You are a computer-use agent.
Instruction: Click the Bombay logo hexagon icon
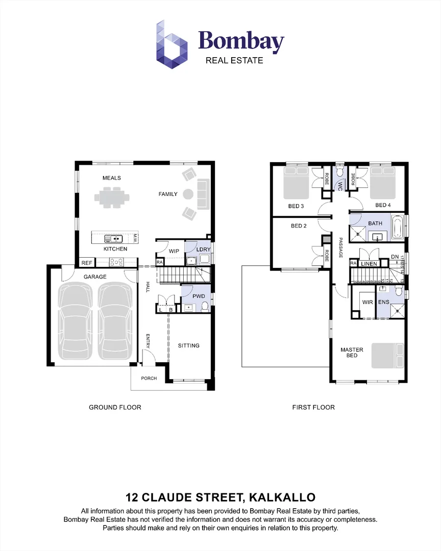pos(171,44)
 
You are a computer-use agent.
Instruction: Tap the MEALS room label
pos(111,178)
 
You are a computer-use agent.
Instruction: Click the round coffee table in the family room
pos(188,194)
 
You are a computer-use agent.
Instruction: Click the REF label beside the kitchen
pos(86,263)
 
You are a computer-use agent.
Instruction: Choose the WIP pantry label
pos(174,251)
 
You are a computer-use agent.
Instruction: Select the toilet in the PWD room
pos(205,307)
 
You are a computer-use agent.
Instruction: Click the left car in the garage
pos(77,321)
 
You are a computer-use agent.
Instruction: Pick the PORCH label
pos(149,379)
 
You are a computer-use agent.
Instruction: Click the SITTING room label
pos(188,346)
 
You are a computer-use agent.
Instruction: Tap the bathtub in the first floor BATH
pos(397,227)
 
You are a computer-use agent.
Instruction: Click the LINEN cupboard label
pos(369,264)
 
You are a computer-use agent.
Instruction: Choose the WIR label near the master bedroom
pos(367,303)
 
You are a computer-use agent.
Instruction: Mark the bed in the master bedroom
pos(388,356)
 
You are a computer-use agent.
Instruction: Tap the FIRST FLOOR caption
pos(313,407)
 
